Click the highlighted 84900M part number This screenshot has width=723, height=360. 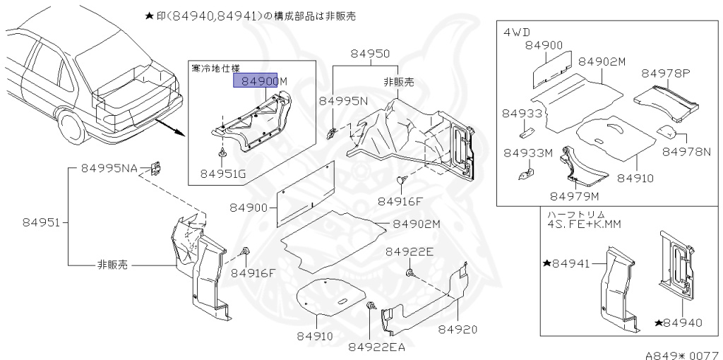coord(261,81)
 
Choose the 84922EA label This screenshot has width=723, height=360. coord(376,346)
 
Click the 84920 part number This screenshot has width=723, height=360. coord(457,330)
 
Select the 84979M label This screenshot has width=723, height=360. coord(574,196)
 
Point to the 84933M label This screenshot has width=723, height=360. coord(527,152)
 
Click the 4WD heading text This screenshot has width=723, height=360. coord(518,33)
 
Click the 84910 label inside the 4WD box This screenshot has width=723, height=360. coord(635,179)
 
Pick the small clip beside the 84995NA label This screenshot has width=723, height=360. coord(157,168)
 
